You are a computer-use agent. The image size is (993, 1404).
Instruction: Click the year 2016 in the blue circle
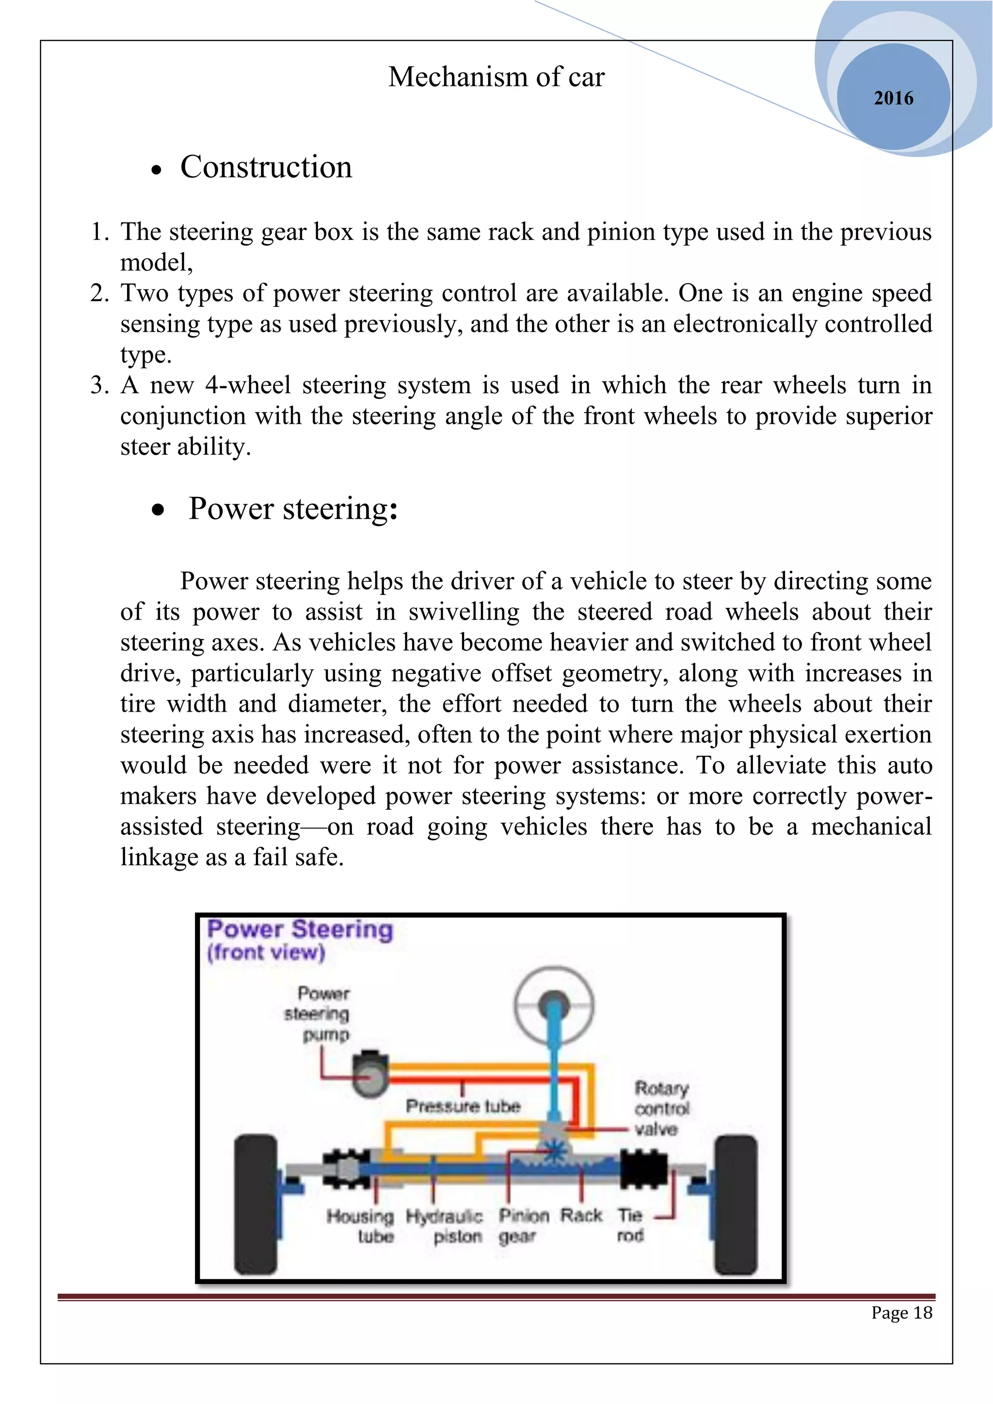coord(893,98)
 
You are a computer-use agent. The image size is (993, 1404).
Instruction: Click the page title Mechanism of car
coord(496,77)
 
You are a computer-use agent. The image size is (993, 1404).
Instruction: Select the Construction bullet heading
coord(266,167)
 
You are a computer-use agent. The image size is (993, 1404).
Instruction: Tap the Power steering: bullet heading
coord(293,508)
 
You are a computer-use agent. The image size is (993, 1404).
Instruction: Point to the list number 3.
coord(98,385)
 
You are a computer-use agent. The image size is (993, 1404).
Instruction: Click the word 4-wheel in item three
coord(248,385)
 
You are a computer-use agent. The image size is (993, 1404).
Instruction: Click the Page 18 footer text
coord(901,1312)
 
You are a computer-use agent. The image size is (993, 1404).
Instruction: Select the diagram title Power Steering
coord(300,929)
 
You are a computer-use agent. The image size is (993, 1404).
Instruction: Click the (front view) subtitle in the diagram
coord(266,952)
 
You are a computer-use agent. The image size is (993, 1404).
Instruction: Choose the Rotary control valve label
coord(661,1108)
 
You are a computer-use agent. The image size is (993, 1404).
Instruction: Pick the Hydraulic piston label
coord(445,1226)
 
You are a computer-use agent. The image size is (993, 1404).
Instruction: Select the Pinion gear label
coord(523,1226)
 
